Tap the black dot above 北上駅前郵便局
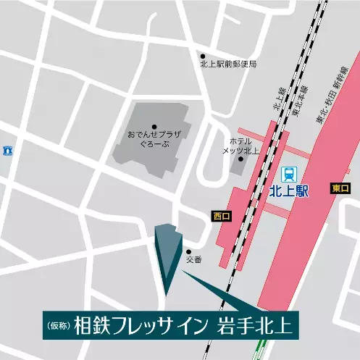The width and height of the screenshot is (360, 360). pyautogui.click(x=203, y=56)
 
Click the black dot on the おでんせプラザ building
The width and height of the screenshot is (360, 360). pyautogui.click(x=154, y=127)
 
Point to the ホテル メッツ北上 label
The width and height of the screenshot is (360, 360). pyautogui.click(x=240, y=145)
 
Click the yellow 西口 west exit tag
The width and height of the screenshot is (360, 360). pyautogui.click(x=222, y=215)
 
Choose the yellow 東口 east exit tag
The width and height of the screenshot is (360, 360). pyautogui.click(x=339, y=188)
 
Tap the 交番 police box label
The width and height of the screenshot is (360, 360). pyautogui.click(x=192, y=259)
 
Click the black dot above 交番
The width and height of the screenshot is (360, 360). pyautogui.click(x=189, y=251)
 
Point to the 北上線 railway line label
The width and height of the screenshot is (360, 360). pyautogui.click(x=277, y=97)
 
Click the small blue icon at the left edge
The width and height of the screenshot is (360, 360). pyautogui.click(x=7, y=151)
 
